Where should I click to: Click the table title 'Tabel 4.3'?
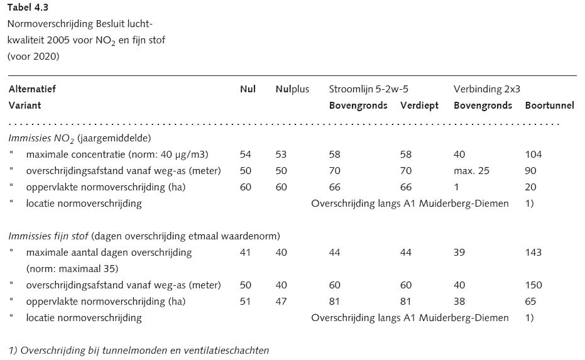point(28,8)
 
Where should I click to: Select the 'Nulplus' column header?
point(292,89)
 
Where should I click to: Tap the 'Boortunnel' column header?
point(549,106)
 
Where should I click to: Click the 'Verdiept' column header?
point(419,106)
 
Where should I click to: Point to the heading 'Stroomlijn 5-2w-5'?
point(369,89)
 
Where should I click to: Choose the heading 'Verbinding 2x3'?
point(486,89)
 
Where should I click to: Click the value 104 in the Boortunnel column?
point(533,155)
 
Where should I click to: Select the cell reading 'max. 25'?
point(471,171)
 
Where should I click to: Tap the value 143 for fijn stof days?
point(533,253)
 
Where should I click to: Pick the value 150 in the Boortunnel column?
point(533,285)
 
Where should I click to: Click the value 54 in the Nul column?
point(246,155)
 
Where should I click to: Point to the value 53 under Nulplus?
point(281,155)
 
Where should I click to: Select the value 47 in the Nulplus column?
point(281,302)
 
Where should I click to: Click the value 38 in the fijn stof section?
point(459,302)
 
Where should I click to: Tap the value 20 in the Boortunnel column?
point(530,187)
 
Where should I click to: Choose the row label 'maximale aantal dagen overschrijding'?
point(109,253)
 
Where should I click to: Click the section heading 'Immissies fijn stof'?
point(48,236)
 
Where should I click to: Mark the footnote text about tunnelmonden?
point(139,351)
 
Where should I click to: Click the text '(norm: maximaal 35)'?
point(72,269)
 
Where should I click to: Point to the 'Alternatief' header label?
point(32,89)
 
